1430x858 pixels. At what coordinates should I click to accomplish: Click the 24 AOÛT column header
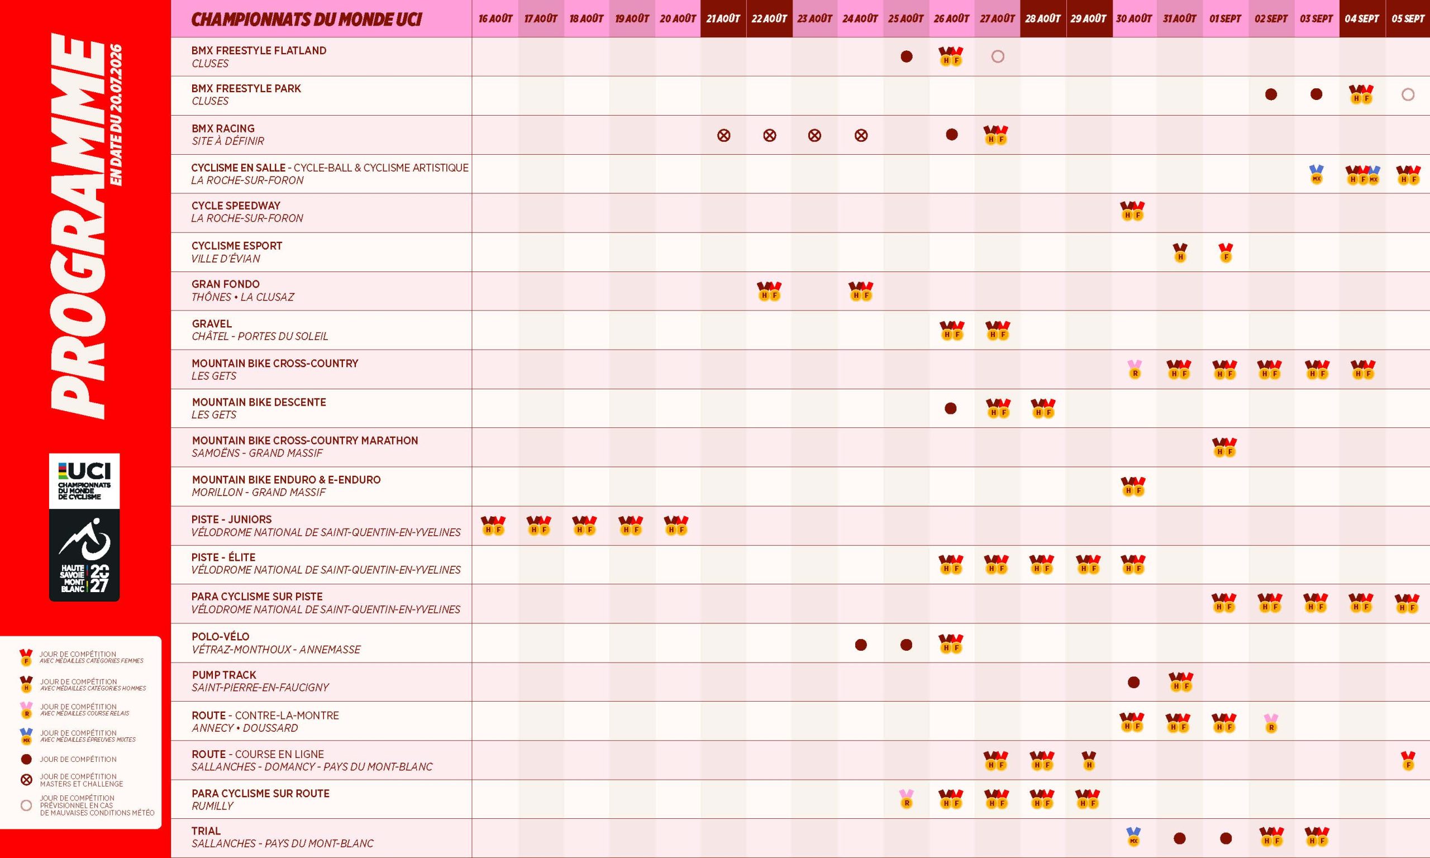(860, 18)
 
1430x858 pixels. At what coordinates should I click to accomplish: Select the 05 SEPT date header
(1408, 18)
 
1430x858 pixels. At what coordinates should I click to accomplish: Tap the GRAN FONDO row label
(226, 284)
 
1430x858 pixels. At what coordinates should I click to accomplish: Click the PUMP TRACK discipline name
(223, 675)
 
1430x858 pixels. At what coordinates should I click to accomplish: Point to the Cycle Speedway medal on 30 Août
(1132, 211)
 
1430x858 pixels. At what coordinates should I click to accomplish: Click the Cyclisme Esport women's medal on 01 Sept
(1226, 252)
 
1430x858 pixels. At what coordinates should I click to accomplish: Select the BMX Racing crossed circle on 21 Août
(724, 135)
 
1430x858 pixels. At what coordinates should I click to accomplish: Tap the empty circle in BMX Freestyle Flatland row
(998, 56)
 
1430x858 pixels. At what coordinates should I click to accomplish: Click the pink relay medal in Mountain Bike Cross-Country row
(1135, 369)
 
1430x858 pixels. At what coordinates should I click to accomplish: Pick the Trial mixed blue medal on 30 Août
(1133, 837)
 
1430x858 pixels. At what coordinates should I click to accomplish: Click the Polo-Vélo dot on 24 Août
(861, 645)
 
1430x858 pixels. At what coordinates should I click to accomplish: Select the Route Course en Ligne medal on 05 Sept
(1408, 761)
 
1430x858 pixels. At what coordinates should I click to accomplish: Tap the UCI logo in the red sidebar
(84, 481)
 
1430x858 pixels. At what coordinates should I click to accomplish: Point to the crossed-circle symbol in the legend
(26, 780)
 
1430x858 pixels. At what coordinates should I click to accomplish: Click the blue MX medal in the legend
(26, 736)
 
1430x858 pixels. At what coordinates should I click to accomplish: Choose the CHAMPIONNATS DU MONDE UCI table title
(306, 19)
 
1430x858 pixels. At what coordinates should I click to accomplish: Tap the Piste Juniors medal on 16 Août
(493, 526)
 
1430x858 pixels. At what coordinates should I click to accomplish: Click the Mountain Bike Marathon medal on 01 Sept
(1224, 447)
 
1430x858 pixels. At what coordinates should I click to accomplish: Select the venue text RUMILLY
(212, 806)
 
